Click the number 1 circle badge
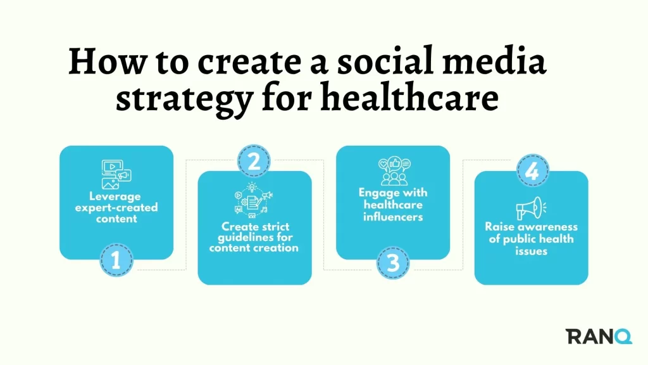tap(116, 260)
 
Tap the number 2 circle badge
tap(254, 161)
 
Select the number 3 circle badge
tap(392, 263)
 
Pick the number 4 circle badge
tap(532, 170)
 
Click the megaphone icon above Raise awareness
tap(531, 208)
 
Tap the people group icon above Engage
tap(394, 171)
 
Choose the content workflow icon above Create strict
tap(253, 200)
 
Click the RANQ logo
tap(599, 336)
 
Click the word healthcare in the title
tap(409, 98)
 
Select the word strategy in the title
tap(184, 99)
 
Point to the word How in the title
tap(108, 61)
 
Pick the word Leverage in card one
tap(115, 196)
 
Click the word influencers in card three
tap(393, 217)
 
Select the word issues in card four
tap(531, 251)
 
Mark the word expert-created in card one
tap(116, 207)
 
